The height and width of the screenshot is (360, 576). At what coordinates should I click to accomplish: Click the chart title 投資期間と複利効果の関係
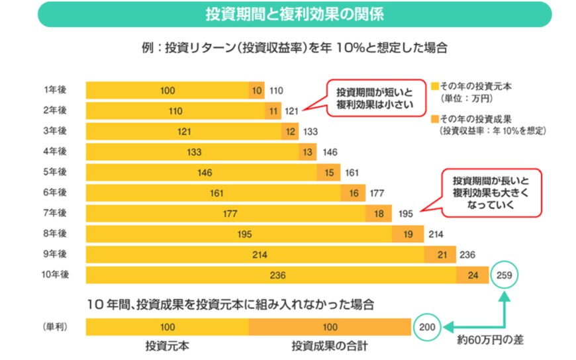294,14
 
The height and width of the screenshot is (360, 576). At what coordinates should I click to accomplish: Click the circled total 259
506,275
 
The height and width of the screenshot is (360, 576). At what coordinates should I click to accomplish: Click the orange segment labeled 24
473,275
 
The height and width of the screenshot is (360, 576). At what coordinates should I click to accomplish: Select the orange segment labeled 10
256,91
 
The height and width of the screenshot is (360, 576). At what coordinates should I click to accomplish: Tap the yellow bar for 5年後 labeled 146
201,173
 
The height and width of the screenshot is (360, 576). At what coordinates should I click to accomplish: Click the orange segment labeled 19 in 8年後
408,234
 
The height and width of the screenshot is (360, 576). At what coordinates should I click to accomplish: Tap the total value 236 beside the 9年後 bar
468,255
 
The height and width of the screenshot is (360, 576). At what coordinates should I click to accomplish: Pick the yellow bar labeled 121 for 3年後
184,132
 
